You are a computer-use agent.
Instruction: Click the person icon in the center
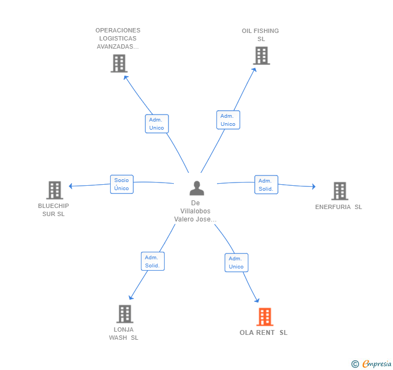196,188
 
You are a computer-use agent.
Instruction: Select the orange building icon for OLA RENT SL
265,317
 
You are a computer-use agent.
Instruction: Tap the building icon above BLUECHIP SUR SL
55,190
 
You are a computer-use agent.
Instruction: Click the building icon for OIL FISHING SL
261,56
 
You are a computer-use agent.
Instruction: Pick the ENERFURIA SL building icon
340,191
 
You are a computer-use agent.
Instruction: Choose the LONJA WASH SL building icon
125,314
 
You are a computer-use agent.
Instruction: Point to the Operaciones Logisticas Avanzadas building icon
119,63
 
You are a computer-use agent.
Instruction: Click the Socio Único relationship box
122,184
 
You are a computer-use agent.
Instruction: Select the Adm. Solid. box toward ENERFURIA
266,185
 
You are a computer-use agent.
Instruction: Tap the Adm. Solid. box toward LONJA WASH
153,261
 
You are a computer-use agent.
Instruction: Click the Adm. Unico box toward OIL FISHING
228,120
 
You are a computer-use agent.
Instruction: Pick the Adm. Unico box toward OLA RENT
236,263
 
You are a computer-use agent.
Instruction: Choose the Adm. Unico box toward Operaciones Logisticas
157,124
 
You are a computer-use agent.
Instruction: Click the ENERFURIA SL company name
338,207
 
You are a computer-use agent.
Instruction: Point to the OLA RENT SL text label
263,333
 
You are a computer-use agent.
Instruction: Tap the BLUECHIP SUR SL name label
53,210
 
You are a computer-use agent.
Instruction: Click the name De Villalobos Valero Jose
195,211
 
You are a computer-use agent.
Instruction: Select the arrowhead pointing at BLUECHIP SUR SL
70,186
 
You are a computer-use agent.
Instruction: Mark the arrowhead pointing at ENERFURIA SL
314,186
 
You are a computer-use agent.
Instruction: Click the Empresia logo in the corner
371,364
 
